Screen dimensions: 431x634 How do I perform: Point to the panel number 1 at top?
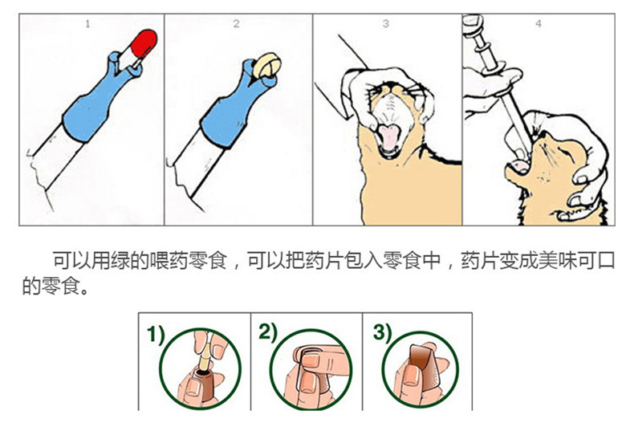[x=87, y=24]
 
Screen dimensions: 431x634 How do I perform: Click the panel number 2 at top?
[x=236, y=24]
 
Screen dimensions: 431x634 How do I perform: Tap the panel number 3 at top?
[x=385, y=24]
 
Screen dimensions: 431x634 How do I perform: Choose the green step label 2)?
[x=267, y=332]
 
